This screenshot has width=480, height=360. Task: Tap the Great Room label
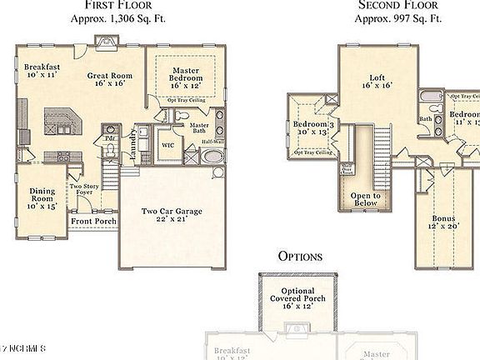click(x=109, y=79)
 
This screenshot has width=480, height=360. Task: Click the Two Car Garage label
click(x=172, y=216)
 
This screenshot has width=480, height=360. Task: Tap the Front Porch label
click(x=92, y=221)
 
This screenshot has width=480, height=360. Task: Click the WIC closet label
click(x=167, y=144)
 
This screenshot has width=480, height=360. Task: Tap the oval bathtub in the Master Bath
click(x=213, y=156)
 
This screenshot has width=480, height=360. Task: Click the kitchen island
click(x=62, y=123)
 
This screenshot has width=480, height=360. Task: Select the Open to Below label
click(x=365, y=199)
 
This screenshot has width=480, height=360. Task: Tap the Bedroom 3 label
click(x=313, y=129)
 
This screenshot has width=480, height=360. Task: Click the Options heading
click(x=300, y=256)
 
